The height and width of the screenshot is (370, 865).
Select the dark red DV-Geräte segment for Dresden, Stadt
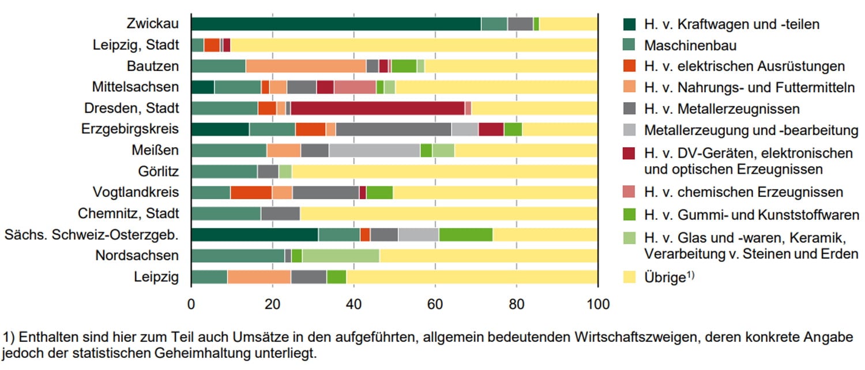pyautogui.click(x=377, y=108)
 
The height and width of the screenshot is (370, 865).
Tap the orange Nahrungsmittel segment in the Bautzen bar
pyautogui.click(x=306, y=66)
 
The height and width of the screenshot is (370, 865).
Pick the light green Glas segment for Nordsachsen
pyautogui.click(x=340, y=255)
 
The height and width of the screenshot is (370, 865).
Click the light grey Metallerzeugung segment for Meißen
pyautogui.click(x=374, y=151)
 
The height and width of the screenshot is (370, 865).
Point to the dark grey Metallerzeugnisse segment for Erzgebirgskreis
pyautogui.click(x=393, y=129)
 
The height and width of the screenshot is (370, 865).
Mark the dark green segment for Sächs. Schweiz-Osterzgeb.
pyautogui.click(x=254, y=234)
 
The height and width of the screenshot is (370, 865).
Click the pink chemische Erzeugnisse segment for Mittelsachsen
pyautogui.click(x=355, y=87)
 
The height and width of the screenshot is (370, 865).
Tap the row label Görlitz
pyautogui.click(x=159, y=171)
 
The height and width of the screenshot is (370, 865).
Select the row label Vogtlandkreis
pyautogui.click(x=136, y=192)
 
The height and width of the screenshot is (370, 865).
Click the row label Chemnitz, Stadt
pyautogui.click(x=129, y=214)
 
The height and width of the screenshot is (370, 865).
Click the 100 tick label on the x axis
pyautogui.click(x=598, y=303)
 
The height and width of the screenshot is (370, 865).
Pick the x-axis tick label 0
pyautogui.click(x=191, y=303)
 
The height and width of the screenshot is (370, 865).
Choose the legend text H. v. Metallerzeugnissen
pyautogui.click(x=722, y=109)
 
